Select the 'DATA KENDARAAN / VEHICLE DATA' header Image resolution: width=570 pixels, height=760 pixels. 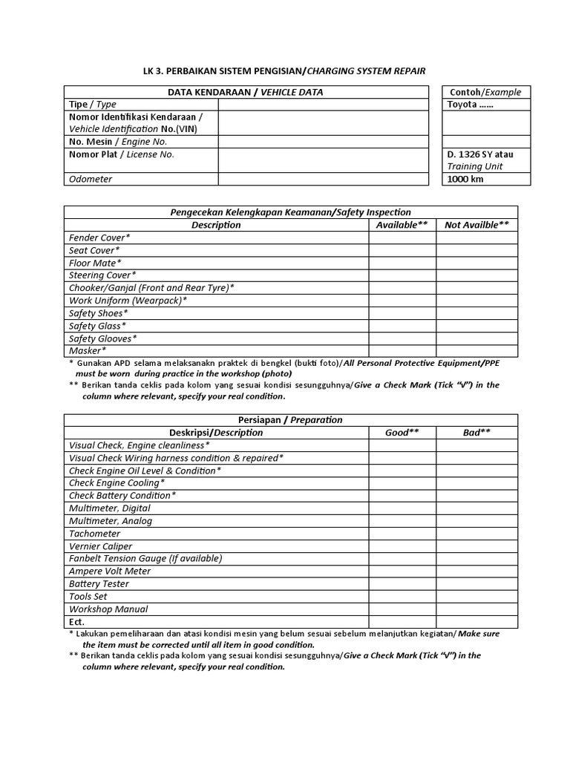pyautogui.click(x=246, y=92)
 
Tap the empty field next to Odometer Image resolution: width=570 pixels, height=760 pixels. pyautogui.click(x=323, y=179)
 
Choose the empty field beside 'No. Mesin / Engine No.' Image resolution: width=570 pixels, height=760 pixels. pyautogui.click(x=323, y=141)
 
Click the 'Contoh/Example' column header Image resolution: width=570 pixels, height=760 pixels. pyautogui.click(x=486, y=92)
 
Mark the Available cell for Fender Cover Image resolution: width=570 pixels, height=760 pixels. pyautogui.click(x=402, y=237)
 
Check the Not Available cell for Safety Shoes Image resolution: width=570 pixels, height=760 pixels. pyautogui.click(x=476, y=313)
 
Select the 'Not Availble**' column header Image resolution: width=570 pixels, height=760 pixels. pyautogui.click(x=476, y=225)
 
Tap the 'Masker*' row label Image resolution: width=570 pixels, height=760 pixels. pyautogui.click(x=88, y=350)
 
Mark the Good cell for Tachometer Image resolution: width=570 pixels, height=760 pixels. pyautogui.click(x=402, y=534)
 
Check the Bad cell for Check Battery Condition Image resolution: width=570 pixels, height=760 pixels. pyautogui.click(x=476, y=495)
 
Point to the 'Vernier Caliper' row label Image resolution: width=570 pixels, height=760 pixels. pyautogui.click(x=100, y=546)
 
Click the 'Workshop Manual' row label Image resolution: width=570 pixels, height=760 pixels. pyautogui.click(x=108, y=609)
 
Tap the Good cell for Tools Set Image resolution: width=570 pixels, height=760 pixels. pyautogui.click(x=402, y=597)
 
